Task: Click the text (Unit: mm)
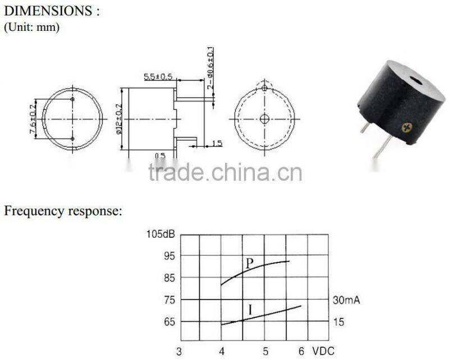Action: (31, 27)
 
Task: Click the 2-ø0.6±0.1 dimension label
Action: (210, 68)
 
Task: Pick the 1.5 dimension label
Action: (216, 144)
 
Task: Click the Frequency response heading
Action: (63, 211)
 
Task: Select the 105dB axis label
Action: (161, 234)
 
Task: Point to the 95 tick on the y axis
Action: (169, 256)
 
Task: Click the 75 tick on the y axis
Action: (169, 300)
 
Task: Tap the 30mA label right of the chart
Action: (346, 300)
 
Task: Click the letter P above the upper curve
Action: (250, 262)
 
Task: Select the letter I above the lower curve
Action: (250, 310)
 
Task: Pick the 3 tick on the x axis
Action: (179, 351)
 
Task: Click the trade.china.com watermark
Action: (225, 172)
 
